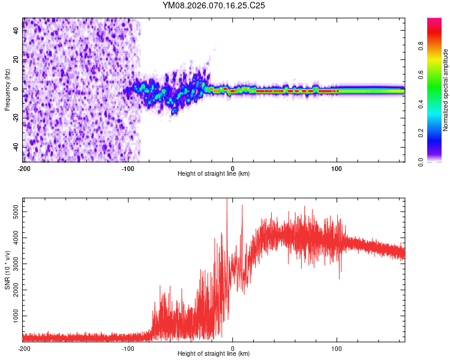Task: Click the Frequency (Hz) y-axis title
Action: (x=7, y=90)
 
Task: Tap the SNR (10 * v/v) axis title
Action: (x=7, y=269)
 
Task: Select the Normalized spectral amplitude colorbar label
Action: (x=446, y=90)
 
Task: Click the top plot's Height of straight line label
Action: (x=214, y=173)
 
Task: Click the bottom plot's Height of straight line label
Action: (x=214, y=353)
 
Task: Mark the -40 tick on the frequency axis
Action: (x=15, y=147)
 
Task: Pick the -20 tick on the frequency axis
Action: (x=15, y=118)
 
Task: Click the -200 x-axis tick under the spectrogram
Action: (x=23, y=168)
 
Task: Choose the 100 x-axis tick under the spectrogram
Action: (x=337, y=168)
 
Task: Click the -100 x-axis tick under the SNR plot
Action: (x=128, y=348)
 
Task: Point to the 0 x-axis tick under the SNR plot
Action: (x=233, y=348)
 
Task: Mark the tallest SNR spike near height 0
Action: (x=227, y=201)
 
